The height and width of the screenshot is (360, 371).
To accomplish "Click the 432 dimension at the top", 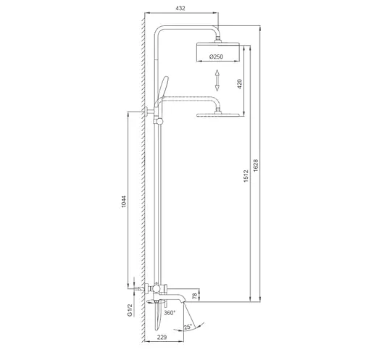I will coord(181,7).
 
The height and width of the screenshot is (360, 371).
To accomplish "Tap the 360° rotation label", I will coord(169,313).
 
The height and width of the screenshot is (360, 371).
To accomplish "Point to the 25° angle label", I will coord(189,328).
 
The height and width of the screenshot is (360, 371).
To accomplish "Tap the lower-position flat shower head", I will coord(219,114).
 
